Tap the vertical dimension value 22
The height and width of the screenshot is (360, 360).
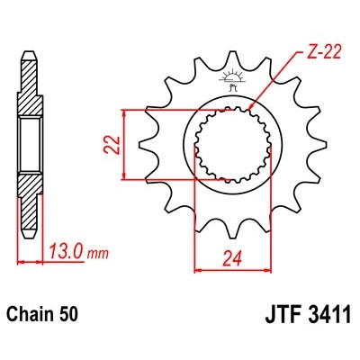click(110, 144)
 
